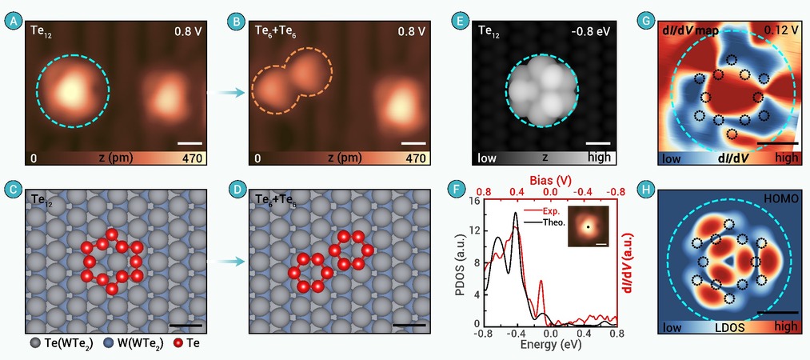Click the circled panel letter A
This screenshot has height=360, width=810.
click(x=11, y=22)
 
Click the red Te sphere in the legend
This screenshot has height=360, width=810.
click(x=179, y=342)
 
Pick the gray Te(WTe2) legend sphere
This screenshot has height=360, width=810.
click(x=34, y=342)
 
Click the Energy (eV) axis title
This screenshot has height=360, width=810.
click(x=549, y=344)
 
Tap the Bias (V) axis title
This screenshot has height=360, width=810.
click(x=549, y=182)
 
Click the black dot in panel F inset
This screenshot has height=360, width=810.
click(x=588, y=226)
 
